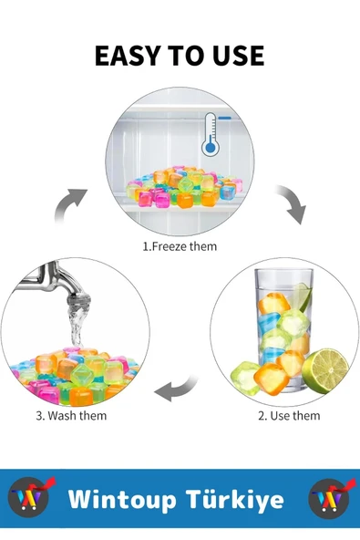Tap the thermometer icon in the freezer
[211, 134]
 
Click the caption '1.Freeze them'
[180, 246]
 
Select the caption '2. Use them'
[289, 416]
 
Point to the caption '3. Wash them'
[71, 416]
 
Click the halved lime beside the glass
[325, 370]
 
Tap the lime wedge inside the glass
[303, 297]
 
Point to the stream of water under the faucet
[77, 327]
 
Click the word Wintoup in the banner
[122, 499]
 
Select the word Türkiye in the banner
[235, 499]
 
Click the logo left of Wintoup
[31, 496]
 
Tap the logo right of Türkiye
[331, 497]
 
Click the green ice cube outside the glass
[244, 378]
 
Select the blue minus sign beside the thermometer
[225, 119]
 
